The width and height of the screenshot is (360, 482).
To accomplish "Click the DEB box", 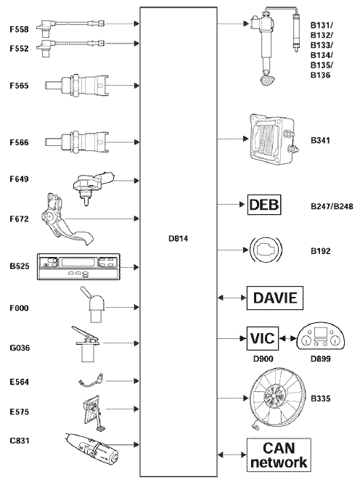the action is click(x=264, y=205).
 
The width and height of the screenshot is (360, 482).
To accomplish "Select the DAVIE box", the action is click(x=275, y=298).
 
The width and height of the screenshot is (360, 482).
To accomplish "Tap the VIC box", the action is click(x=263, y=338).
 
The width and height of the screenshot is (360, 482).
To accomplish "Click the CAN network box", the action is click(x=279, y=455).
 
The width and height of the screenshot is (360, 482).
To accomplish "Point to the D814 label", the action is click(x=178, y=239).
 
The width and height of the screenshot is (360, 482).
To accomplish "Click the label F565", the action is click(x=19, y=86).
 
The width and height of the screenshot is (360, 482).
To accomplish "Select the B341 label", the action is click(x=320, y=141).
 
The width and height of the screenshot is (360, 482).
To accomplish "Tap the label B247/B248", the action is click(x=332, y=206).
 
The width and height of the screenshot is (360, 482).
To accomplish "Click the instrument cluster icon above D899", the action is click(x=321, y=338).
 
